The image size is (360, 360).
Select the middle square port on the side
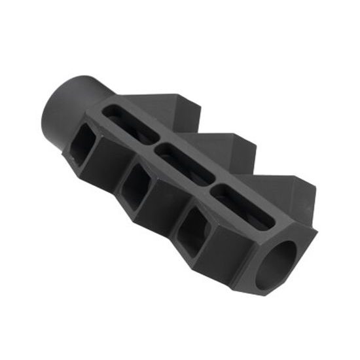point(137,186)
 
